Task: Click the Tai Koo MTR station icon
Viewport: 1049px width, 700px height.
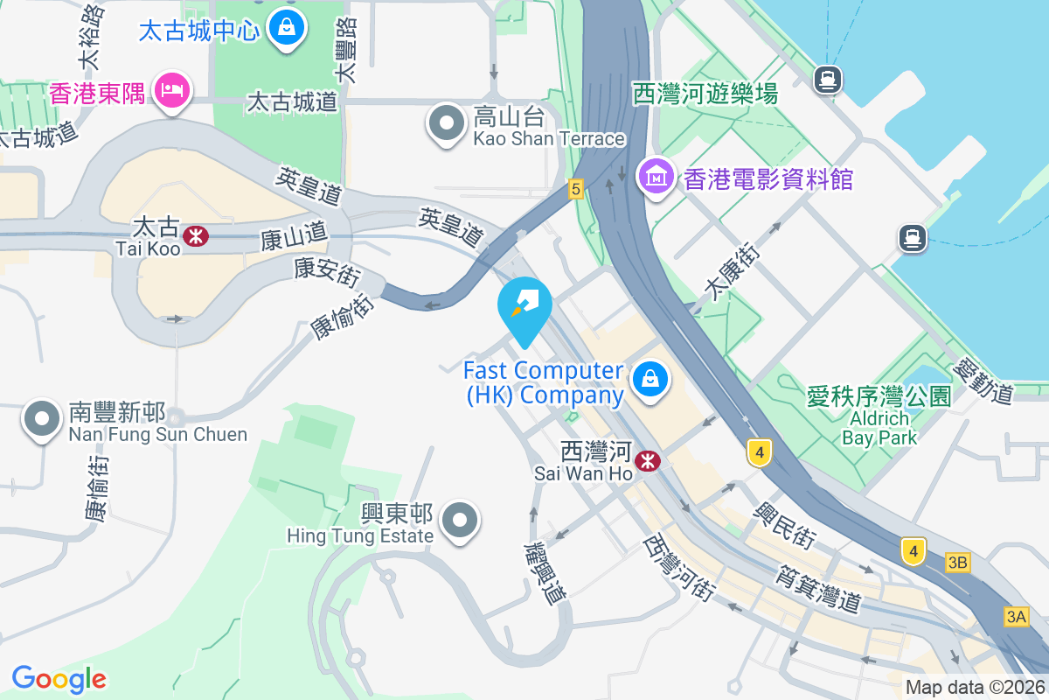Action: point(196,235)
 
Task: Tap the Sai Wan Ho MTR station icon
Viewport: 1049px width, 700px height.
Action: point(648,461)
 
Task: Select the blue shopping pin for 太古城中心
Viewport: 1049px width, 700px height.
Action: point(286,28)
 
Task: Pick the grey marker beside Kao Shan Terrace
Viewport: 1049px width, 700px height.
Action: point(447,124)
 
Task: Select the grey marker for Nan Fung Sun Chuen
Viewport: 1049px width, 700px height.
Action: point(42,419)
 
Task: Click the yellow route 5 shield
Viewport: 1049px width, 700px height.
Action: point(574,188)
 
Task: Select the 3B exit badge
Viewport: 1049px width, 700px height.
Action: point(957,563)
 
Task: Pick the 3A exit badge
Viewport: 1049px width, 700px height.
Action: point(1016,617)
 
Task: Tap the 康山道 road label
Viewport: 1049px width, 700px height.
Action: point(294,235)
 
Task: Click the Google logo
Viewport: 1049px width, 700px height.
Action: point(59,678)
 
